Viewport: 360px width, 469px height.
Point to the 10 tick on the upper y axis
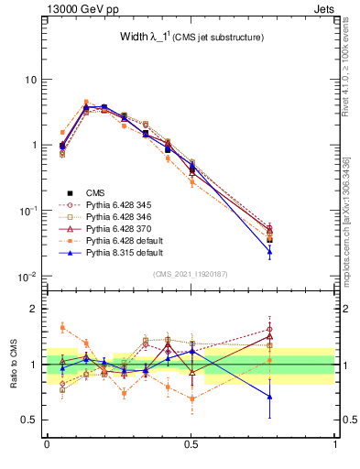coord(31,80)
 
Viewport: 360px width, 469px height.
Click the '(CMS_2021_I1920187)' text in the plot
coord(190,274)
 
